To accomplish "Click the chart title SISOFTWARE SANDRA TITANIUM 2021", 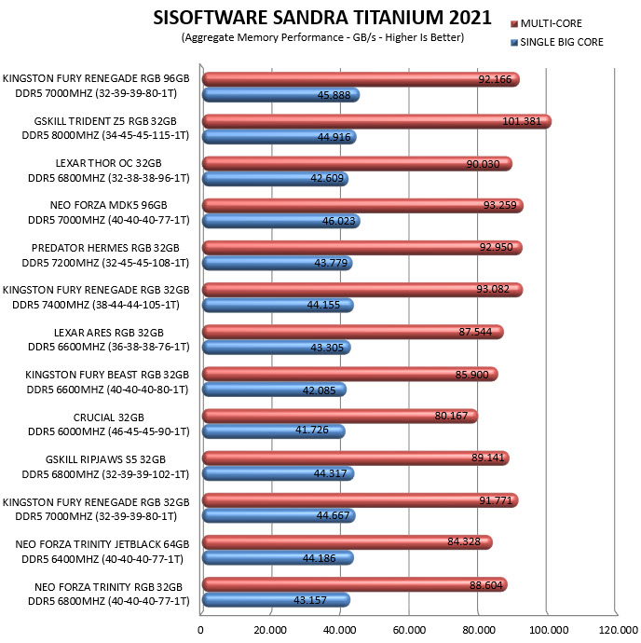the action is tap(322, 18).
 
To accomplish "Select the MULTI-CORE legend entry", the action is tap(546, 23).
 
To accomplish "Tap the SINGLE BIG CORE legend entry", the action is tap(557, 42).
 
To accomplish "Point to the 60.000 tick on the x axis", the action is tap(409, 630).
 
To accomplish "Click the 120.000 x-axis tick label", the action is tap(618, 630).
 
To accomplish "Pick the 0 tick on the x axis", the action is tap(200, 630).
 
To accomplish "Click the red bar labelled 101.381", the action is tap(377, 121).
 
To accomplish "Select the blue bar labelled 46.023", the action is tap(281, 221).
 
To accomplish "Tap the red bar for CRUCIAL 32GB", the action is tap(340, 416).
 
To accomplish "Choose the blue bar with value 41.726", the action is tap(274, 431).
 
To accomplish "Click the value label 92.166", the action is tap(495, 79).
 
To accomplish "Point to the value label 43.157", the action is tap(310, 600).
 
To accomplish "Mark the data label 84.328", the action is tap(464, 541).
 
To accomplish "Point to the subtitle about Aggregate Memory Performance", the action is tap(322, 37).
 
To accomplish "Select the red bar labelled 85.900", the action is tap(350, 374).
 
